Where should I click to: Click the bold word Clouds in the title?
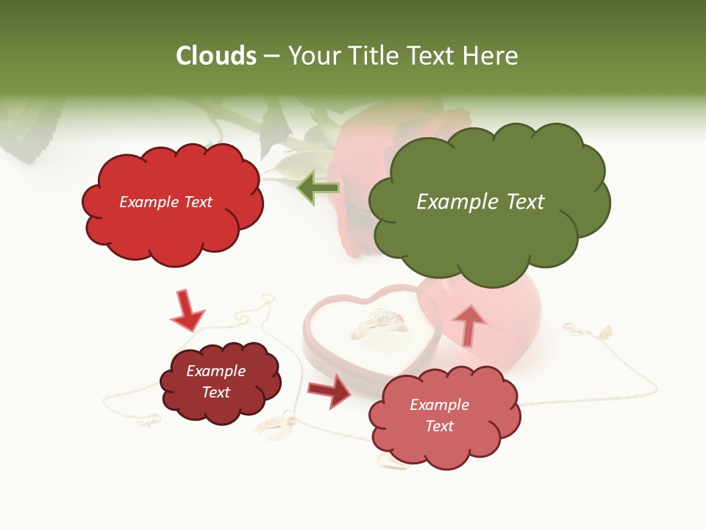217,56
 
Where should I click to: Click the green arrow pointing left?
318,188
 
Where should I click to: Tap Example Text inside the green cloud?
480,202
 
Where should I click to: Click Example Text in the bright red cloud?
165,202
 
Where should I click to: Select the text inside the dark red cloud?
216,381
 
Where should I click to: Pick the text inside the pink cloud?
439,415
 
